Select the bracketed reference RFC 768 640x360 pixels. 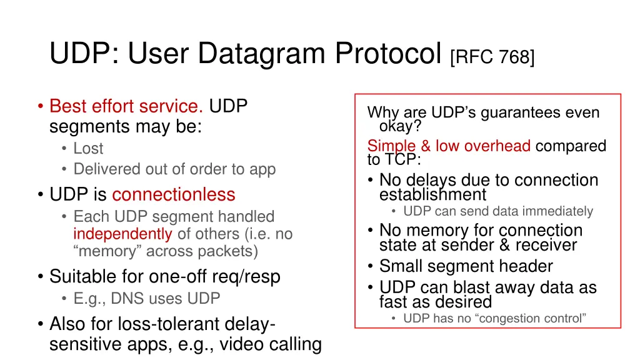(492, 57)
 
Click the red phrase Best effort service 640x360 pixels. (126, 106)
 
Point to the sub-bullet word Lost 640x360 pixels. (88, 149)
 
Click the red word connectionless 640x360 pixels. (174, 194)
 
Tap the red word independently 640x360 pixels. (122, 234)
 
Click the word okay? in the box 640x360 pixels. (400, 126)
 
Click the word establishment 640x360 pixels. (432, 194)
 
